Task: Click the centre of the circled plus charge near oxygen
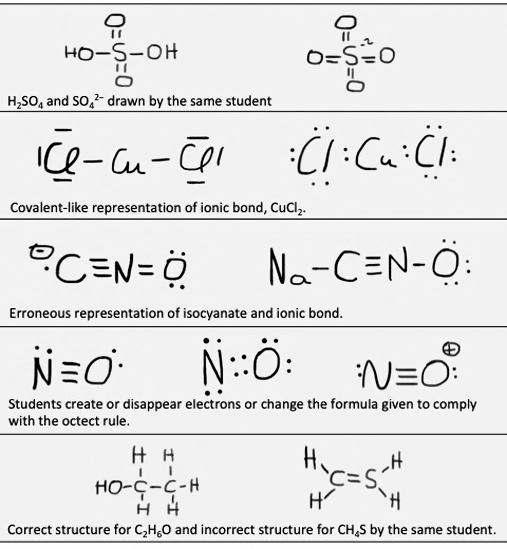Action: click(452, 349)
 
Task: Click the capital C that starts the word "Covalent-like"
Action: click(15, 208)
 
